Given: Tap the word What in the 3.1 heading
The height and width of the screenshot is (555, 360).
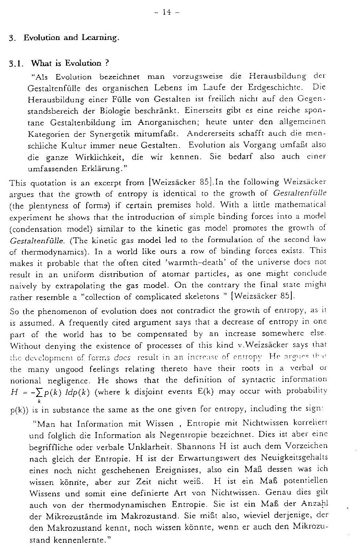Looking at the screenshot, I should (40, 63).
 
